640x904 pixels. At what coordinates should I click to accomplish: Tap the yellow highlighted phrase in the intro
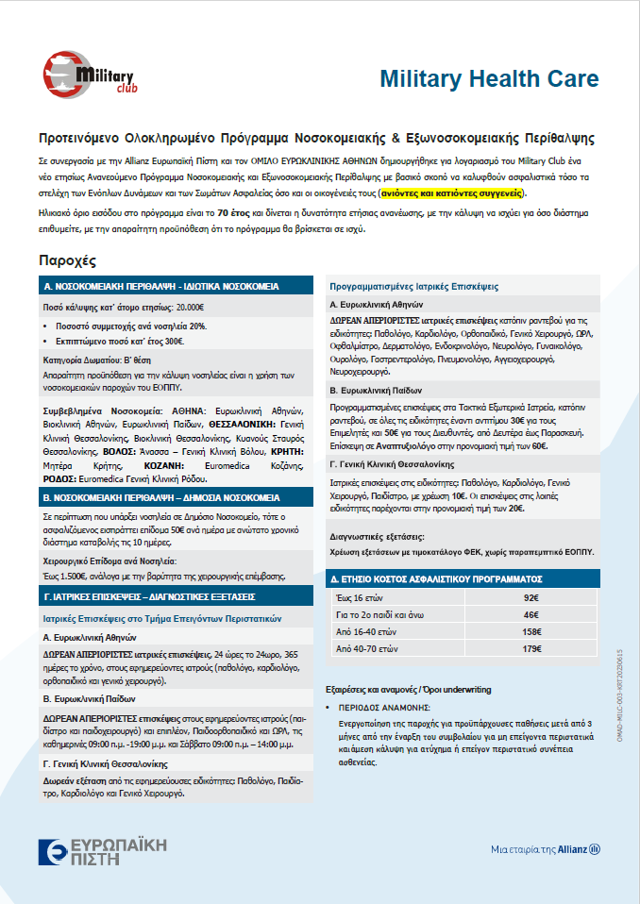(x=451, y=193)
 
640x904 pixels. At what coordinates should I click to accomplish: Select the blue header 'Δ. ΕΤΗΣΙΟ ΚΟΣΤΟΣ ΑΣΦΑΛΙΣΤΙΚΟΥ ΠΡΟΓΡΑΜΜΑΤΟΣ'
(x=435, y=578)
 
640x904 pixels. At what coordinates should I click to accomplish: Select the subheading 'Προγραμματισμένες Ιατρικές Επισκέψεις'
(x=413, y=286)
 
